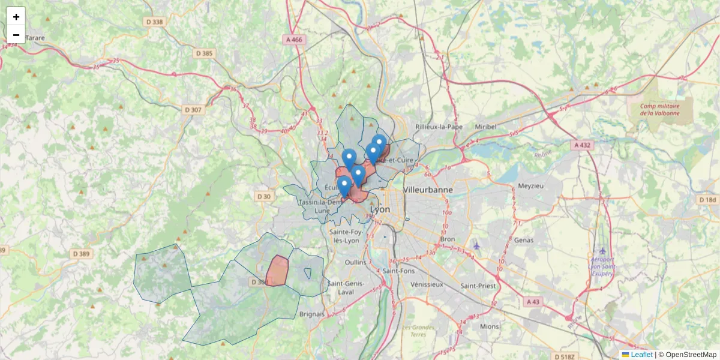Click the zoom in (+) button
point(16,17)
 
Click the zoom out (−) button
point(16,35)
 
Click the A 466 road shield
point(293,39)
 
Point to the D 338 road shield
point(154,22)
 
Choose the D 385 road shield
point(204,53)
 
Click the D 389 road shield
point(82,254)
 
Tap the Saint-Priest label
point(478,286)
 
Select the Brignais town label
point(311,314)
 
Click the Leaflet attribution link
point(641,355)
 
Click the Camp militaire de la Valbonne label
point(658,110)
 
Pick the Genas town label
point(524,240)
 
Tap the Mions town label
point(489,326)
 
